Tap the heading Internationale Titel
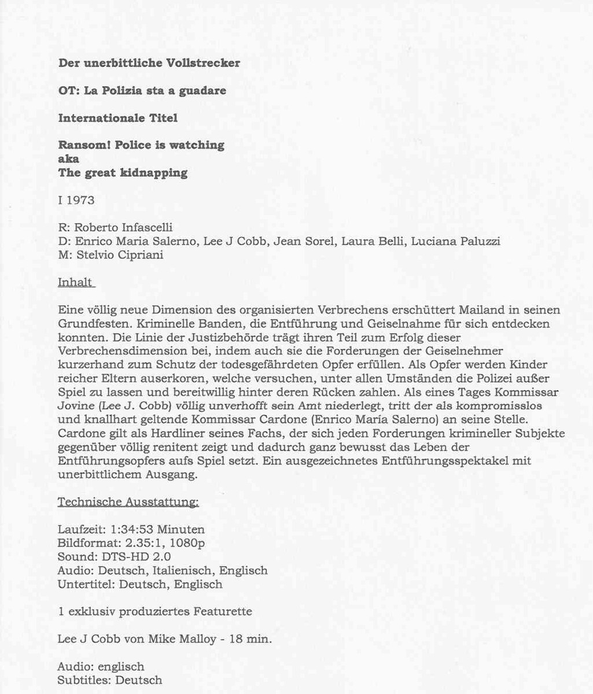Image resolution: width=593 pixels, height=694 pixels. [117, 118]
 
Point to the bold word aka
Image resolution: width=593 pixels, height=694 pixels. [68, 159]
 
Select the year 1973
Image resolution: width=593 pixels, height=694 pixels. [80, 201]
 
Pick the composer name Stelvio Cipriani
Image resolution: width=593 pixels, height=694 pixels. [120, 254]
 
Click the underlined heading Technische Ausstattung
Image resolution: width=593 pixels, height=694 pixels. [128, 502]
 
